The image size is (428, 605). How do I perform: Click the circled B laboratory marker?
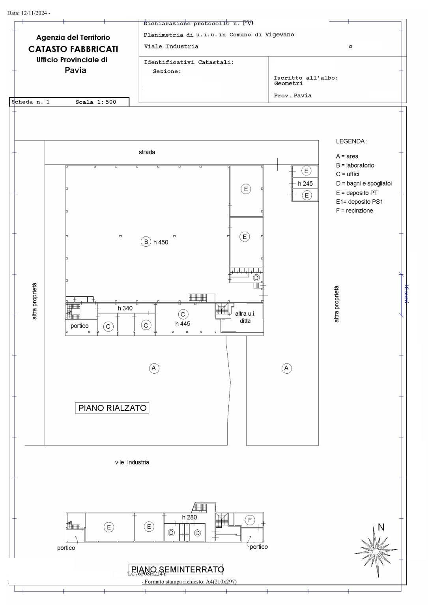146,242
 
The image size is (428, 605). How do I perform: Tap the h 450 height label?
161,242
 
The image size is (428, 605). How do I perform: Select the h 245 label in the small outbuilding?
305,184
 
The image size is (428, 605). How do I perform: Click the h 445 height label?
183,324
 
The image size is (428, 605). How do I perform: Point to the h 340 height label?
125,308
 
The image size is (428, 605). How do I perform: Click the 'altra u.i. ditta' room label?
245,317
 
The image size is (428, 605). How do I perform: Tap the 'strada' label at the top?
147,152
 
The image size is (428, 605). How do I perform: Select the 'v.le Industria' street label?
132,462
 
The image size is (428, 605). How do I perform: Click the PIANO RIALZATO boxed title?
112,408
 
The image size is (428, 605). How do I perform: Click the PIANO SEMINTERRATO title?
177,570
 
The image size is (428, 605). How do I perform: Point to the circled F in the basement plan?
250,520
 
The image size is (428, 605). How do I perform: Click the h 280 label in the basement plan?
189,518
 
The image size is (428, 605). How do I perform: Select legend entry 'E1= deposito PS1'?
359,202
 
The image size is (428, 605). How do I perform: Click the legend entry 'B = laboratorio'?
355,166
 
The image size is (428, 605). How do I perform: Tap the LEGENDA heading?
351,141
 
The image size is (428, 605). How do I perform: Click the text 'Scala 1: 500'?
96,102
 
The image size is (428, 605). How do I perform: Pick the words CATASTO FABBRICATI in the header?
73,49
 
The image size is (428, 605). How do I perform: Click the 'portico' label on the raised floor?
79,326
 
